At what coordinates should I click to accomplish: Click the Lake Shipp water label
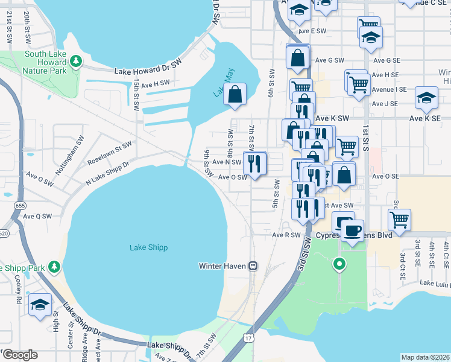(148, 247)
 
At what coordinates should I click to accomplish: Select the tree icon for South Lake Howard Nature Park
(76, 61)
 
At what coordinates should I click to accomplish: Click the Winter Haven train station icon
(254, 265)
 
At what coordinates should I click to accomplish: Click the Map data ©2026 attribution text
(426, 357)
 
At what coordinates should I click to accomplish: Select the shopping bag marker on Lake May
(235, 95)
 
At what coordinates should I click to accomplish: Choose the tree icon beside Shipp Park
(54, 267)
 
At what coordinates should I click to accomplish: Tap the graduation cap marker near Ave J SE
(426, 98)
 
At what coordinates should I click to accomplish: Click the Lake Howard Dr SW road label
(148, 71)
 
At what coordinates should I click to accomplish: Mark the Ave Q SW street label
(39, 215)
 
